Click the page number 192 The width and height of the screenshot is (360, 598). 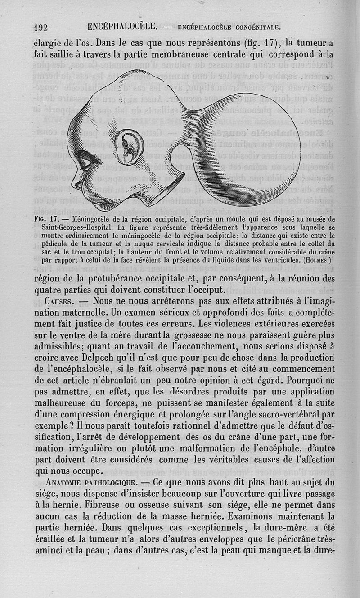coord(41,27)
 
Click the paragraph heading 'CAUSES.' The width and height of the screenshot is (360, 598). coord(63,300)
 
